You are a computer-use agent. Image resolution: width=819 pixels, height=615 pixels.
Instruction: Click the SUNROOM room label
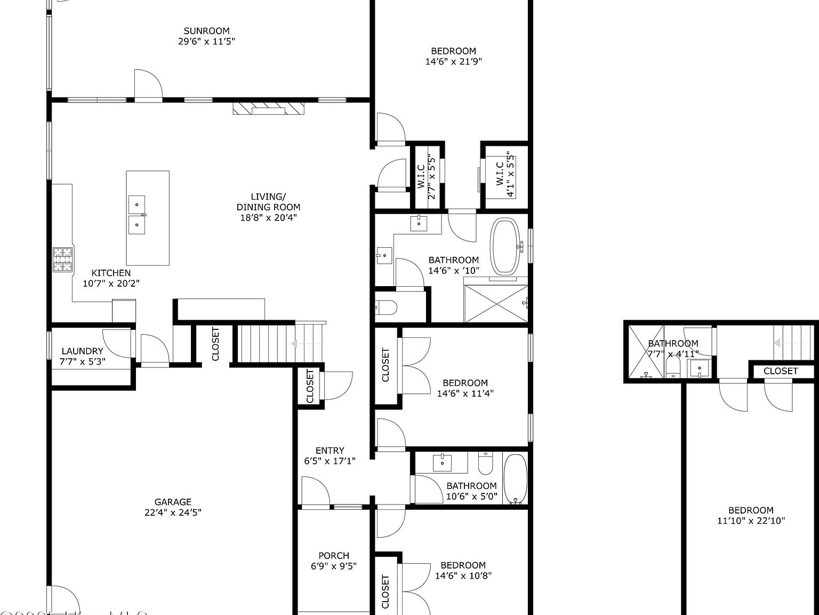tap(206, 31)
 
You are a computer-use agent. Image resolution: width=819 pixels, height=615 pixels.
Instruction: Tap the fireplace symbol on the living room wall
tap(268, 108)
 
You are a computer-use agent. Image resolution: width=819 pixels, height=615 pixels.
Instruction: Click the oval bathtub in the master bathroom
tap(505, 246)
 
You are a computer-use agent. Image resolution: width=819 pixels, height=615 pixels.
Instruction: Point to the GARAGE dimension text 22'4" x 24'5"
tap(173, 512)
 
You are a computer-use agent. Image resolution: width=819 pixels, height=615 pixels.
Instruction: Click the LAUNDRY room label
tap(82, 351)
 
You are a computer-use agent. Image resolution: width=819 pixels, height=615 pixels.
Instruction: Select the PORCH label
tap(334, 556)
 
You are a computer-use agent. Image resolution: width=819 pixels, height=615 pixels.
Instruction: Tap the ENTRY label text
tap(330, 451)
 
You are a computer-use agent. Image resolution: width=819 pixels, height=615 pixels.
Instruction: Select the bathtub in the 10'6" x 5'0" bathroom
tap(515, 479)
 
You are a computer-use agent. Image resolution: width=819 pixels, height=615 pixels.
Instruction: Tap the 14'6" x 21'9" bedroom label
tap(453, 56)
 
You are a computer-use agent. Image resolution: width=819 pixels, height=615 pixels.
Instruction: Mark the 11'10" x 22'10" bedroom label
tap(751, 515)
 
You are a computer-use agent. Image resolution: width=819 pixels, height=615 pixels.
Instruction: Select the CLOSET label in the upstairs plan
tap(781, 371)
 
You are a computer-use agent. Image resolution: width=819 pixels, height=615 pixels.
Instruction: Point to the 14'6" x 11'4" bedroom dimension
tap(465, 393)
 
